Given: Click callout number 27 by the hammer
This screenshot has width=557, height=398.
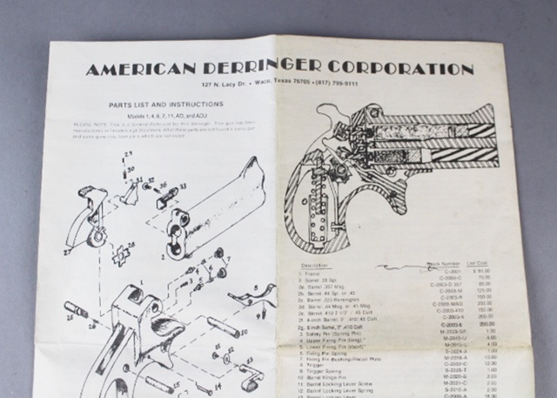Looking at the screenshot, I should (66, 250).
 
